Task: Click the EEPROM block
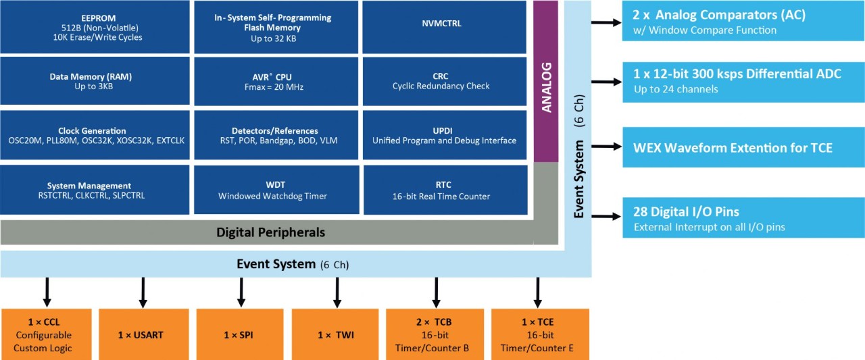pos(95,27)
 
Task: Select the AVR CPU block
pos(276,81)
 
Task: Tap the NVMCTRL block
pos(445,24)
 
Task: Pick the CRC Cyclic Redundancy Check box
pos(445,81)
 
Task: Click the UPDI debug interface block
pos(445,135)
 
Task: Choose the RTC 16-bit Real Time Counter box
pos(445,190)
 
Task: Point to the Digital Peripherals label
pos(270,232)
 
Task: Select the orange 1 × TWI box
pos(336,334)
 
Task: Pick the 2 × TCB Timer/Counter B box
pos(435,334)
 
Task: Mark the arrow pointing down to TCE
pos(537,292)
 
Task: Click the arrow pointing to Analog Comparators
pos(606,23)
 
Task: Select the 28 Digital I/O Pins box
pos(743,217)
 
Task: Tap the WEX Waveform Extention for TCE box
pos(743,147)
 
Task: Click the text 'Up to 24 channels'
pos(675,89)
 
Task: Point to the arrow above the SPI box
pos(241,292)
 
